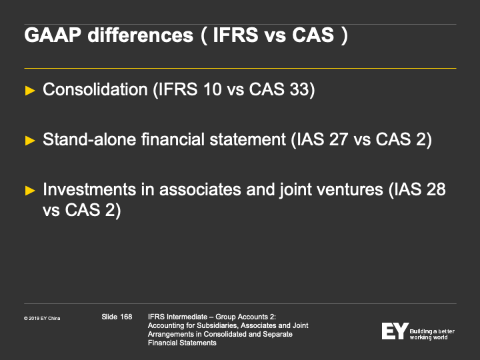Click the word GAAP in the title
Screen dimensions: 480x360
53,35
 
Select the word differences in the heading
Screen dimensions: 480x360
141,35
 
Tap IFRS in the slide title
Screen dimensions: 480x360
236,35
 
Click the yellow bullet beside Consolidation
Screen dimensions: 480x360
30,91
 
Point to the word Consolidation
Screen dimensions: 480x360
95,89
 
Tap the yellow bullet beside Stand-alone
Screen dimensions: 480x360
30,141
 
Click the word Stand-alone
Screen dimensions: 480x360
89,139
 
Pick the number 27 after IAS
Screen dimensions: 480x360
338,139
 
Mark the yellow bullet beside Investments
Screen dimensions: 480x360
30,191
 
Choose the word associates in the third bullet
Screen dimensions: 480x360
200,189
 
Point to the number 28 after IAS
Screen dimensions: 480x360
435,189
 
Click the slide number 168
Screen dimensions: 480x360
126,317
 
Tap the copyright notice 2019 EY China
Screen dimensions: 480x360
42,319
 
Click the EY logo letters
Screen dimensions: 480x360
395,331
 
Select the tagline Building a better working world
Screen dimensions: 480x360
432,334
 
